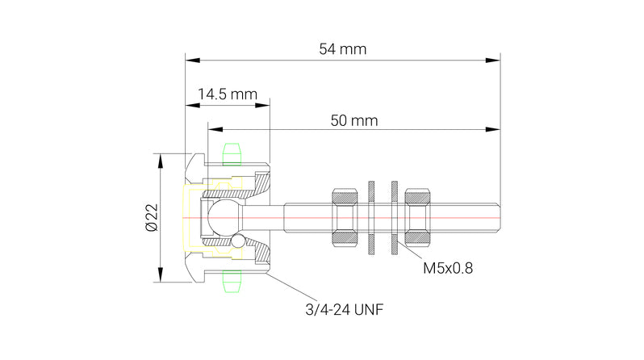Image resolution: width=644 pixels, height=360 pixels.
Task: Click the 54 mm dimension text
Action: click(x=342, y=49)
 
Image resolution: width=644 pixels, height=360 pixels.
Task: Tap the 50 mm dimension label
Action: click(x=354, y=120)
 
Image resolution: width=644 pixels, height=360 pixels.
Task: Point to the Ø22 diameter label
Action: click(x=151, y=218)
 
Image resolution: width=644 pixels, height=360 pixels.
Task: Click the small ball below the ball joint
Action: click(x=238, y=241)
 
